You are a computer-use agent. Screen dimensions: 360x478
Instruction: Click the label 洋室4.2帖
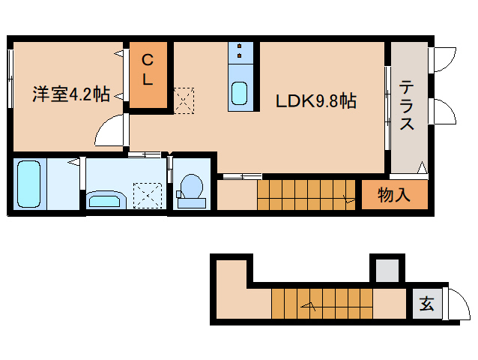(71, 94)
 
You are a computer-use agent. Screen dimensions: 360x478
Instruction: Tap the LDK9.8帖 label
(315, 100)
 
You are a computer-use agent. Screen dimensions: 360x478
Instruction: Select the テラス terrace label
(407, 105)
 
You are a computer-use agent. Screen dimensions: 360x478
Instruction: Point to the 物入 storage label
(394, 196)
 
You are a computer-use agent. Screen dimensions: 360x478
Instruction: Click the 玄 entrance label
(426, 304)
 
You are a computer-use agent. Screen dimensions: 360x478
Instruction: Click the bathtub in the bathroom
(28, 184)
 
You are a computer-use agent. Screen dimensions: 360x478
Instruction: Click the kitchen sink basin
(240, 93)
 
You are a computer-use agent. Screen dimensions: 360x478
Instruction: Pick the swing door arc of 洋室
(110, 132)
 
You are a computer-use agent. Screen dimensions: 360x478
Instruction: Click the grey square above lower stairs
(387, 270)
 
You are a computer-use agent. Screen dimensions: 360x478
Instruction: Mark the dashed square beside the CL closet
(183, 100)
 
